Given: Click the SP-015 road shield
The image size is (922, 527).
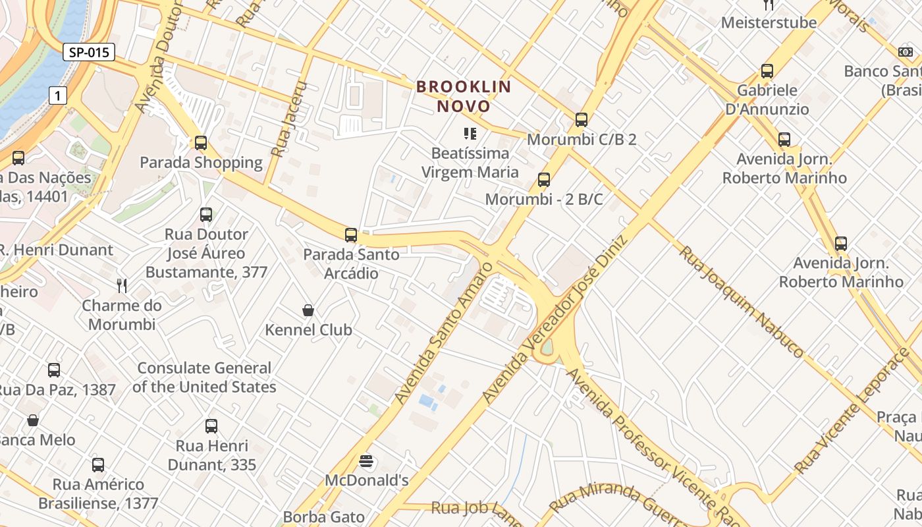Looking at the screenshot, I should click(x=89, y=52).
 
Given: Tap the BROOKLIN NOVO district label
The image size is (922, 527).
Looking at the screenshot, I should click(x=464, y=96).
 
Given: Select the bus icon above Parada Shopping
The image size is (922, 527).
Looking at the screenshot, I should click(x=201, y=142).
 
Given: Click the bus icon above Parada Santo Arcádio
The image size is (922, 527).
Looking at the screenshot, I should click(x=351, y=235).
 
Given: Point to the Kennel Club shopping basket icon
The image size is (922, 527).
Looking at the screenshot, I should click(x=308, y=310).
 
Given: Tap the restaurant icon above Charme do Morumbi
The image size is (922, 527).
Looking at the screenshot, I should click(x=122, y=285).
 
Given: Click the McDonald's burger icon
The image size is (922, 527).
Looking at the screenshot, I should click(x=367, y=461).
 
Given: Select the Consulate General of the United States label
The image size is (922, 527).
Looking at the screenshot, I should click(x=204, y=377).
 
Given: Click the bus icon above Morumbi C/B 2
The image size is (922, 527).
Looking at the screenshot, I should click(x=581, y=119).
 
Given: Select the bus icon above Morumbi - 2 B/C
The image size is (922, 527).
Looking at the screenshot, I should click(x=543, y=179).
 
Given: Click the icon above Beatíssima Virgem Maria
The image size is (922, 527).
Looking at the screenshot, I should click(x=470, y=134).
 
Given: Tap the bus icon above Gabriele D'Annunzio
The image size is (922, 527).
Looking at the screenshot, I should click(x=767, y=70).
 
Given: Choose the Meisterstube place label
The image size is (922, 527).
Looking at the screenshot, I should click(x=769, y=22).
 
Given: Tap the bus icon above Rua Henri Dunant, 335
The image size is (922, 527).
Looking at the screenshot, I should click(x=211, y=426).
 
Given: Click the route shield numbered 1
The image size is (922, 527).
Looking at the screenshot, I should click(x=59, y=96).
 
